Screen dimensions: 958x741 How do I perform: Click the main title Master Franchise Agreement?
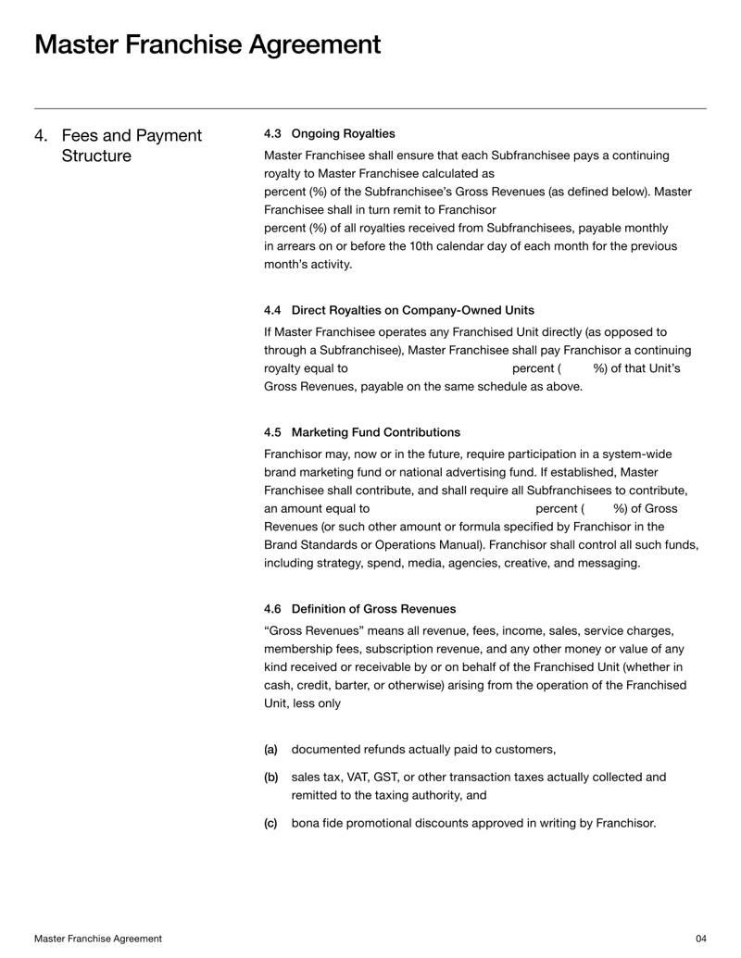point(207,44)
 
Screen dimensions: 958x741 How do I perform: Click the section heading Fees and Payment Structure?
point(131,146)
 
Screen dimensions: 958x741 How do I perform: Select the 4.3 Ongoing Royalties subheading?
point(329,133)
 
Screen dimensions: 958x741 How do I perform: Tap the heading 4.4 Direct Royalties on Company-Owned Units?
point(398,309)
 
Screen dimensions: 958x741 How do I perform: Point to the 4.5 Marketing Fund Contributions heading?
point(361,432)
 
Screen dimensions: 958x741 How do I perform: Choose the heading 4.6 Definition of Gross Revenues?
point(359,608)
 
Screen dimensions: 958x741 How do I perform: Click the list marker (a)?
point(270,750)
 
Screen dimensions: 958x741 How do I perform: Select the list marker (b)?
point(270,778)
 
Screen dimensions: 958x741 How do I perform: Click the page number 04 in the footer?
point(700,939)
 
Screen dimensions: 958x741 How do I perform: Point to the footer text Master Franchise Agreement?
point(98,939)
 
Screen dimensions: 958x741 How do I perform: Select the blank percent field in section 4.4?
point(430,368)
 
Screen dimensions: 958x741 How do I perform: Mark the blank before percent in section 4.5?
point(453,509)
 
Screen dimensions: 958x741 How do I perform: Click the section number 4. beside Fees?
point(42,136)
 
